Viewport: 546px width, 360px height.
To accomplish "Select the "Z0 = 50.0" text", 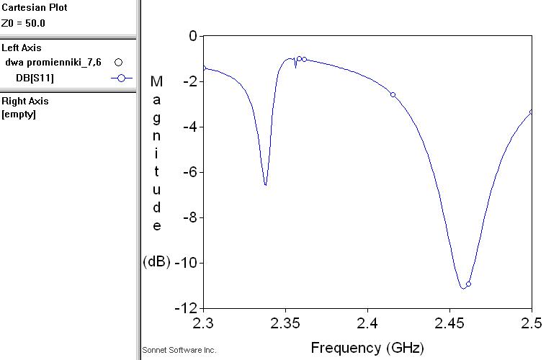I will tap(24, 22).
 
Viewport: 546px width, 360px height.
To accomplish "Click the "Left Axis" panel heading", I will tap(22, 48).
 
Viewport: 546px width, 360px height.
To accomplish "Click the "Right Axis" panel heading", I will tap(25, 102).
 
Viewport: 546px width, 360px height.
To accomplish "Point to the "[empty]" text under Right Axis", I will tap(19, 114).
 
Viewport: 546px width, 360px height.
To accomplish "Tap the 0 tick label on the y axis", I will tap(192, 36).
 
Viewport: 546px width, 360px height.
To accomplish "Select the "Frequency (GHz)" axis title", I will tap(367, 348).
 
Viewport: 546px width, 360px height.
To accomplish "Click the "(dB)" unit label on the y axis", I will tap(156, 262).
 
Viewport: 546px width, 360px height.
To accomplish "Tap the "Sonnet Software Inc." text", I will tap(179, 350).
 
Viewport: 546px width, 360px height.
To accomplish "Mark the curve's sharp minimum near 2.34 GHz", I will tap(266, 185).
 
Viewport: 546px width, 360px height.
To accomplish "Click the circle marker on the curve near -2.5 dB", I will tap(393, 94).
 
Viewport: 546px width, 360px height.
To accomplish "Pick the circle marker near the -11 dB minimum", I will tap(468, 284).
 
